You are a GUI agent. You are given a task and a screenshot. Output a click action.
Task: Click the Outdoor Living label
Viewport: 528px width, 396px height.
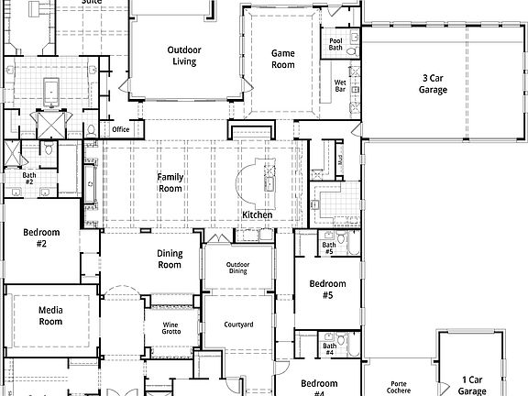pyautogui.click(x=184, y=56)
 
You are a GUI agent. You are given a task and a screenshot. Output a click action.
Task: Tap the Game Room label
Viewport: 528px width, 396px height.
pyautogui.click(x=281, y=59)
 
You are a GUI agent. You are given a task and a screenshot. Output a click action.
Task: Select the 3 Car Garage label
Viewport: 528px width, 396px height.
pyautogui.click(x=433, y=84)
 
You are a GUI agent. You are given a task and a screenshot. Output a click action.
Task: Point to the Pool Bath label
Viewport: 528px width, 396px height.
pyautogui.click(x=335, y=44)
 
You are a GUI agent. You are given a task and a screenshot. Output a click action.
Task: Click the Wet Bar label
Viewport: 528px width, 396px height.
pyautogui.click(x=339, y=86)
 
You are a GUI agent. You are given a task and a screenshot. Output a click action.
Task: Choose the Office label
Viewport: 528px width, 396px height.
pyautogui.click(x=121, y=129)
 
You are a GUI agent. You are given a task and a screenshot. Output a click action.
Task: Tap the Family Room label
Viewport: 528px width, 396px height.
pyautogui.click(x=170, y=182)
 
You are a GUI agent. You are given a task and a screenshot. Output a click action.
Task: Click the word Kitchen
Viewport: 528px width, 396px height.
pyautogui.click(x=257, y=215)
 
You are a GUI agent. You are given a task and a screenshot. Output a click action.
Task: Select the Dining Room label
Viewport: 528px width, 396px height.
pyautogui.click(x=170, y=258)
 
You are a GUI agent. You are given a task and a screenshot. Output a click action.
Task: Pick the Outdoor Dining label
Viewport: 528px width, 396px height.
pyautogui.click(x=237, y=267)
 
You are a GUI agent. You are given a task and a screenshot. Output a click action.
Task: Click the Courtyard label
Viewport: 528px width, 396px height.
pyautogui.click(x=238, y=324)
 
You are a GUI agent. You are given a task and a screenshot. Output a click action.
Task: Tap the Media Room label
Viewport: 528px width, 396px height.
pyautogui.click(x=50, y=315)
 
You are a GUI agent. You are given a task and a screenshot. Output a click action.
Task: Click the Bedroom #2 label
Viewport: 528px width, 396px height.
pyautogui.click(x=41, y=237)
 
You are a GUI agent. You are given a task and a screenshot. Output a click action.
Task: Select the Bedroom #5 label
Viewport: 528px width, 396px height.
pyautogui.click(x=327, y=289)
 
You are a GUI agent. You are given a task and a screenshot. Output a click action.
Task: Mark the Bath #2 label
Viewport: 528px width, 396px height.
pyautogui.click(x=29, y=178)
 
